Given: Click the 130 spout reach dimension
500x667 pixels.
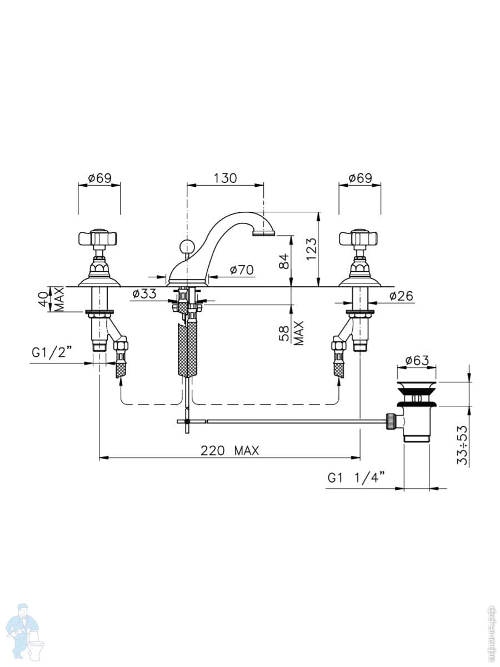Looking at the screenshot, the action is click(x=225, y=178).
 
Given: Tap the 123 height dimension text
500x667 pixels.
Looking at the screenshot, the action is click(x=311, y=249).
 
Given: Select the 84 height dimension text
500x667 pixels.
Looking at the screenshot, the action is click(x=284, y=261).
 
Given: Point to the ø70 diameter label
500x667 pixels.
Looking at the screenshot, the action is click(x=242, y=270).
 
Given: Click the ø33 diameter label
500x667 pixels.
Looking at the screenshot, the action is click(x=144, y=293).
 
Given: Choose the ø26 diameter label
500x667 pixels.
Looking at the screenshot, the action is click(x=401, y=296).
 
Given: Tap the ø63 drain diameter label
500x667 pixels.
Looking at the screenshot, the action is click(x=417, y=360).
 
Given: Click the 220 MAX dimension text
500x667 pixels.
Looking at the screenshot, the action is click(x=230, y=450).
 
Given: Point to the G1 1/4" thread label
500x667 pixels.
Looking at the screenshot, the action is click(x=357, y=478).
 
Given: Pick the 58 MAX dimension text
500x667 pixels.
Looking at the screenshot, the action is click(x=291, y=333).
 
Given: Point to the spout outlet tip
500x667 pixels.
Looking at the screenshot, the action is click(x=264, y=233).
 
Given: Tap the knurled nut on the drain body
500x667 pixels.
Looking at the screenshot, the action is click(x=390, y=421).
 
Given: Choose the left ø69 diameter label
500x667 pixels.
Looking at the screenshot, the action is click(x=100, y=178).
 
